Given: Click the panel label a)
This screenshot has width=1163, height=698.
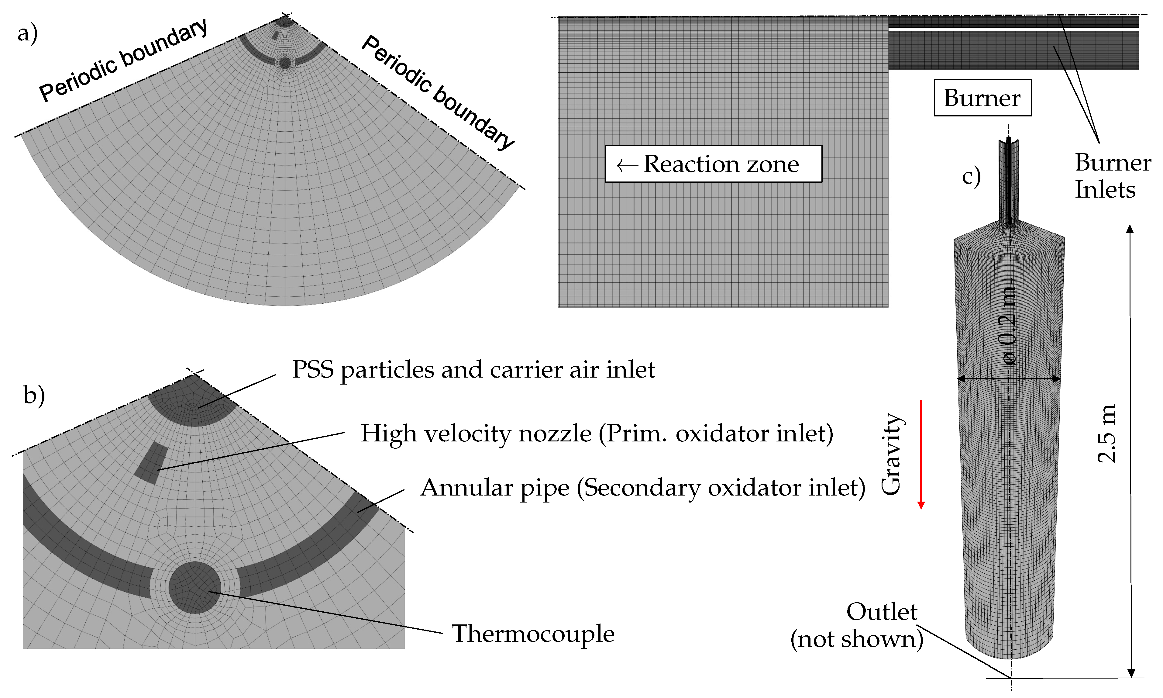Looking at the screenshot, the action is click(27, 34).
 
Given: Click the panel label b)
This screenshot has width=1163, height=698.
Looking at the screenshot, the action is click(34, 395).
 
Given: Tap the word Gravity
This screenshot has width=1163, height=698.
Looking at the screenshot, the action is click(891, 454).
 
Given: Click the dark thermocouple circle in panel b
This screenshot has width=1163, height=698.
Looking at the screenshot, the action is click(194, 587).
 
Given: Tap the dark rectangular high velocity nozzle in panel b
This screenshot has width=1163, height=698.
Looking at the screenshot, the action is click(151, 463).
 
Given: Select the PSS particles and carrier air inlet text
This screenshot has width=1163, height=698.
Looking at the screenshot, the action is click(473, 370).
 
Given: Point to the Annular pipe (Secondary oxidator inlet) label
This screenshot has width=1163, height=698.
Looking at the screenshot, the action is click(642, 487).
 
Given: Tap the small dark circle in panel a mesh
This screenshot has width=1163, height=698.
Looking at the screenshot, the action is click(284, 63).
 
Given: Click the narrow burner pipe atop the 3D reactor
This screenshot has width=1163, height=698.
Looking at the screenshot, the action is click(1009, 181).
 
